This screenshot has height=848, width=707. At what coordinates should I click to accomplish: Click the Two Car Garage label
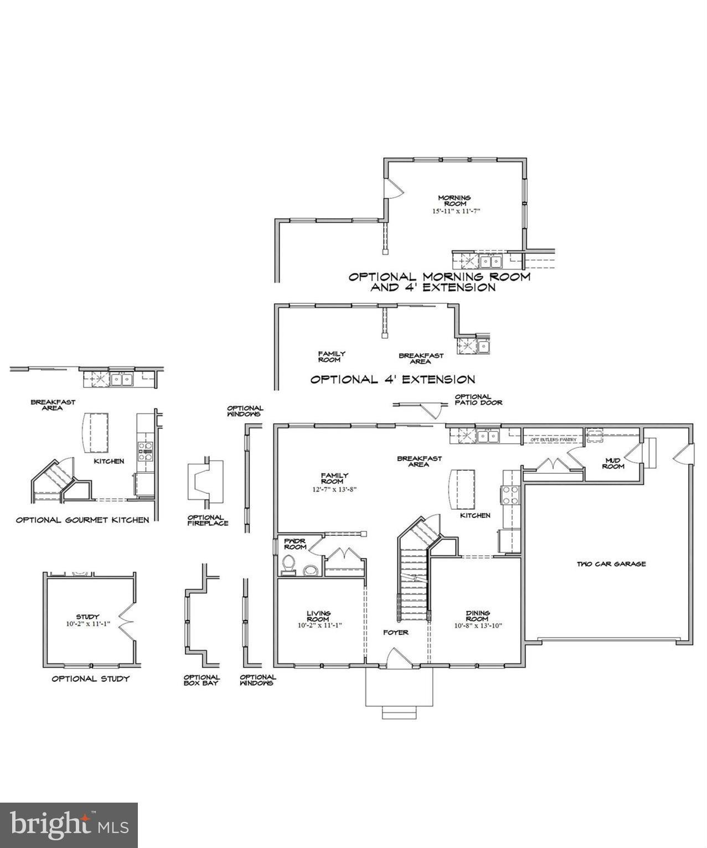611,564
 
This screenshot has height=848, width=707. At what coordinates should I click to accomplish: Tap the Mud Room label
613,463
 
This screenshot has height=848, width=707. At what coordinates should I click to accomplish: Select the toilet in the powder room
289,564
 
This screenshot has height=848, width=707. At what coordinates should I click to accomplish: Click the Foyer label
396,632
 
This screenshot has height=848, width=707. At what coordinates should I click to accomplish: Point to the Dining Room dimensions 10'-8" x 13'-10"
478,626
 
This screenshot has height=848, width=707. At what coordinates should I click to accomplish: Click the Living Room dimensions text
319,625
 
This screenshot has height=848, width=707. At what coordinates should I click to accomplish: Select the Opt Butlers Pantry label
553,439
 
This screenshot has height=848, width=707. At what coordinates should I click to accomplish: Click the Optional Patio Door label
478,400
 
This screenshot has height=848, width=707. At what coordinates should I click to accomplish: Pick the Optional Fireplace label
208,520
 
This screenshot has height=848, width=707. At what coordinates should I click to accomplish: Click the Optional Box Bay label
202,680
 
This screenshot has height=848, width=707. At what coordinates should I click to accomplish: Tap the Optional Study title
90,679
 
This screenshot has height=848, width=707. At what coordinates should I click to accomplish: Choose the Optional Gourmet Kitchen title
82,520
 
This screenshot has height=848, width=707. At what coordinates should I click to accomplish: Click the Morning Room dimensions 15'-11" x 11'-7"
454,211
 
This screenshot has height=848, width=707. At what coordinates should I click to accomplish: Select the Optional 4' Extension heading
392,380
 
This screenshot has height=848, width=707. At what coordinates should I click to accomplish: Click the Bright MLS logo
69,825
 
